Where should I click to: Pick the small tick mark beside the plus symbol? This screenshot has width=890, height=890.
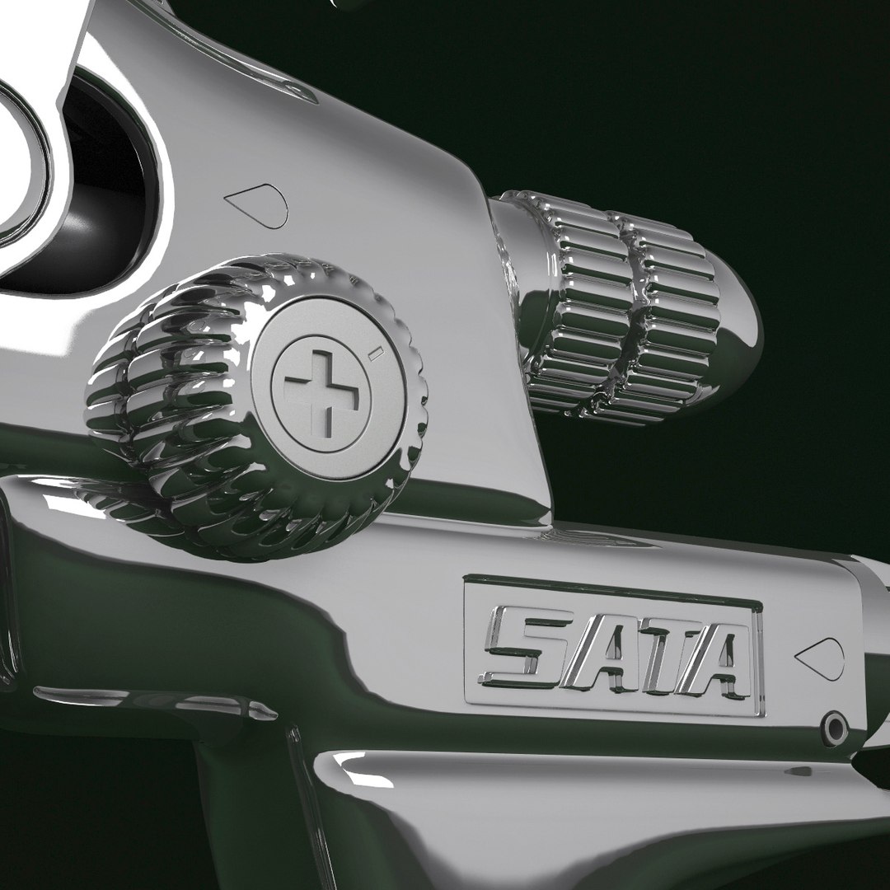click(373, 354)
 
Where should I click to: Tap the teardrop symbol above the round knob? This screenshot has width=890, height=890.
click(256, 205)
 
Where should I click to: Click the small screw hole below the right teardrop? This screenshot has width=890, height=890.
click(835, 727)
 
